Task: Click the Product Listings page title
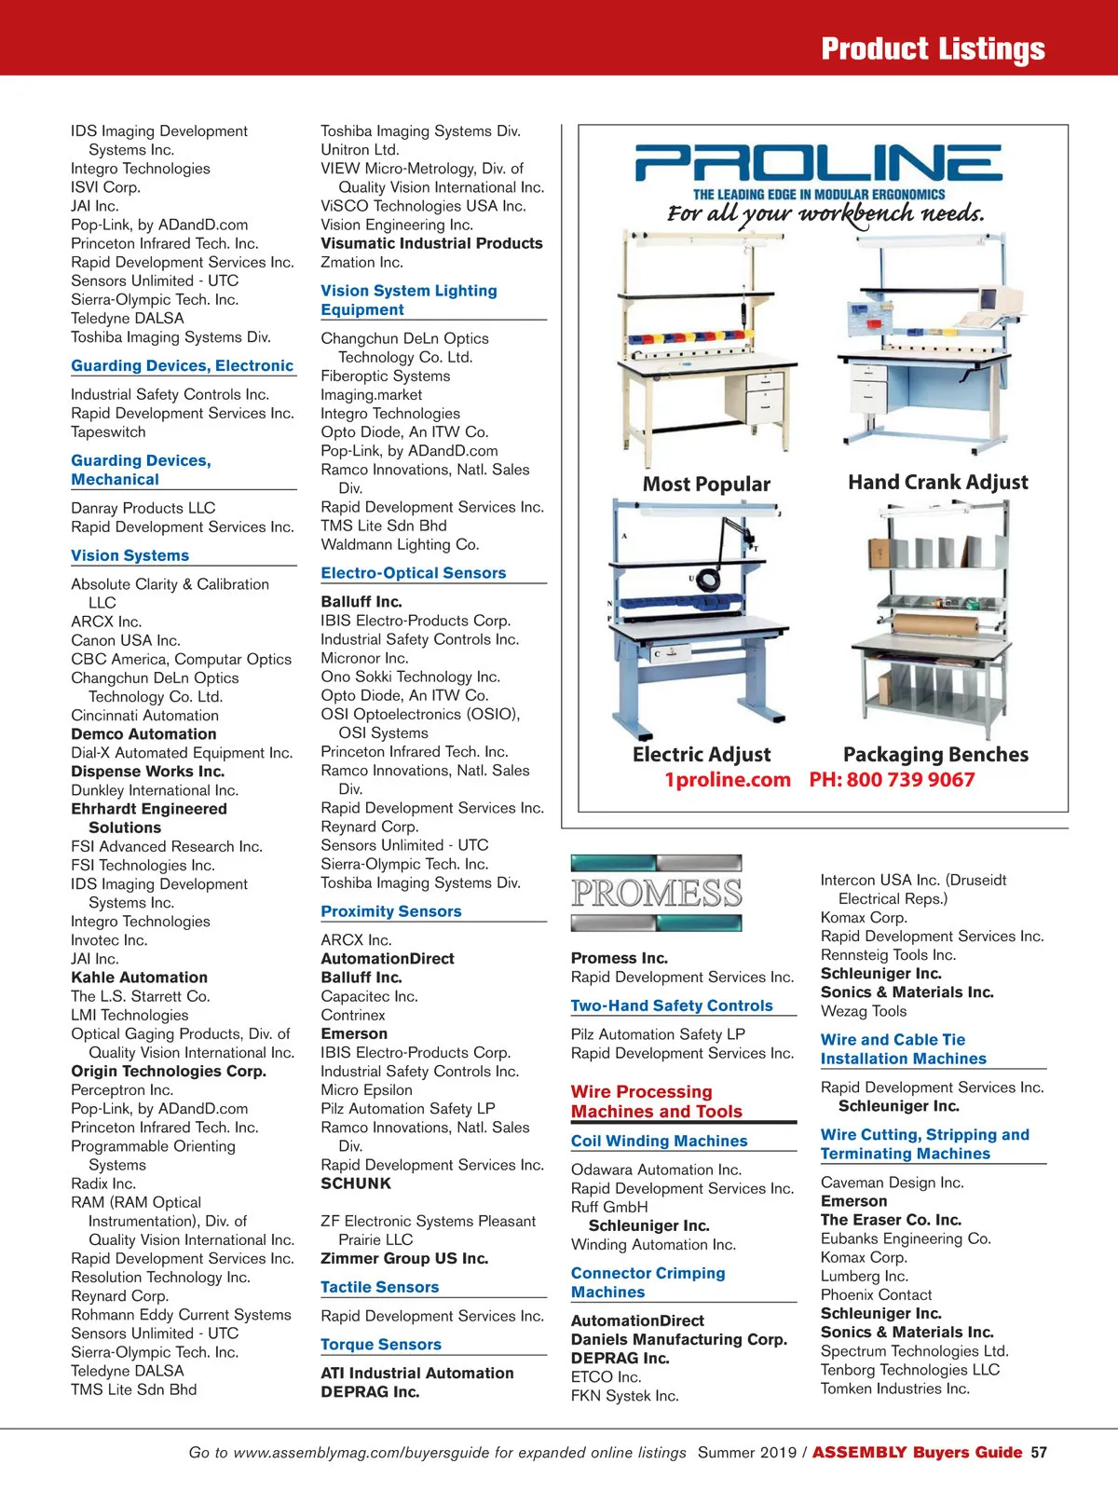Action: pos(933,48)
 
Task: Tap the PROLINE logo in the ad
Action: pos(819,163)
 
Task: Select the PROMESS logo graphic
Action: pos(657,893)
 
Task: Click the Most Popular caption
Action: pos(706,485)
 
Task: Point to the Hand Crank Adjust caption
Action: pos(937,483)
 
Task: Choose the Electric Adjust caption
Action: pos(702,755)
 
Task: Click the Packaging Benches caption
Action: pos(935,755)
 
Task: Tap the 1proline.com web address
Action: pos(727,780)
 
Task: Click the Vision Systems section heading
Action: pos(130,555)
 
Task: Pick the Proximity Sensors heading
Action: pos(391,911)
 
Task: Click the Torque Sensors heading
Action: pos(381,1345)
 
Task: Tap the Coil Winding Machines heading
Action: pos(659,1141)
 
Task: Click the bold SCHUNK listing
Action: pos(356,1183)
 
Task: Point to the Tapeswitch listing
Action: pos(108,432)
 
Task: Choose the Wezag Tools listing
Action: pos(864,1011)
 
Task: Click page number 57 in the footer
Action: pos(1039,1453)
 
